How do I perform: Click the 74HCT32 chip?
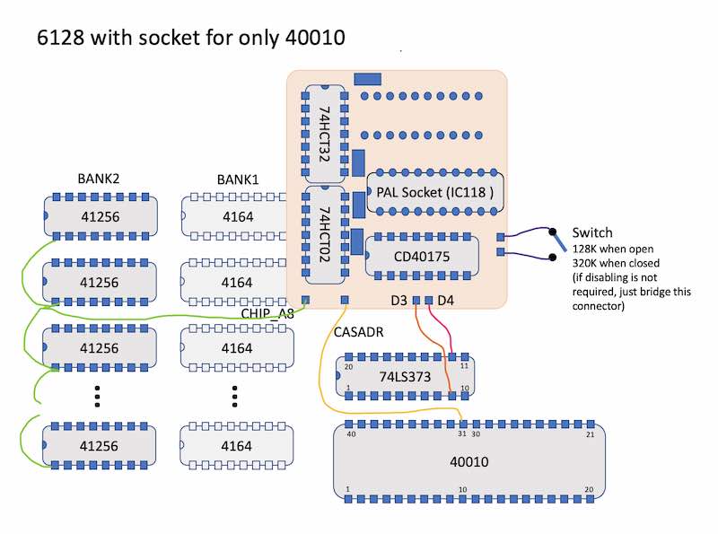click(x=325, y=134)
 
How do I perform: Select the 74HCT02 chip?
click(x=325, y=234)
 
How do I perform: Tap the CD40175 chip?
click(x=422, y=256)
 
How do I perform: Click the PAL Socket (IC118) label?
click(x=435, y=192)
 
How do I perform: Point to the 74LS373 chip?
click(x=405, y=376)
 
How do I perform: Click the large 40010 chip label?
click(x=468, y=461)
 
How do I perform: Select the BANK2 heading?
click(x=99, y=179)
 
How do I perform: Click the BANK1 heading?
click(x=238, y=179)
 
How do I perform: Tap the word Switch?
click(x=592, y=232)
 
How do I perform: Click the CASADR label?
click(x=358, y=332)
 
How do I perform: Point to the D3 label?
click(x=398, y=301)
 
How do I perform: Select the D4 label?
click(x=445, y=301)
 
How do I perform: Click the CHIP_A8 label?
click(x=267, y=314)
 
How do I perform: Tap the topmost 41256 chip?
click(x=101, y=216)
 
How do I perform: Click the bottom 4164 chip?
click(x=236, y=446)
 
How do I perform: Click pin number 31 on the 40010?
click(x=462, y=433)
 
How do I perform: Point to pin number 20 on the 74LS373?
click(x=348, y=367)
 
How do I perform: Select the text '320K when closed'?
click(x=616, y=263)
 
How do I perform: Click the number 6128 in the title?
click(x=60, y=37)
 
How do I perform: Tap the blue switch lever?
click(x=559, y=241)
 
